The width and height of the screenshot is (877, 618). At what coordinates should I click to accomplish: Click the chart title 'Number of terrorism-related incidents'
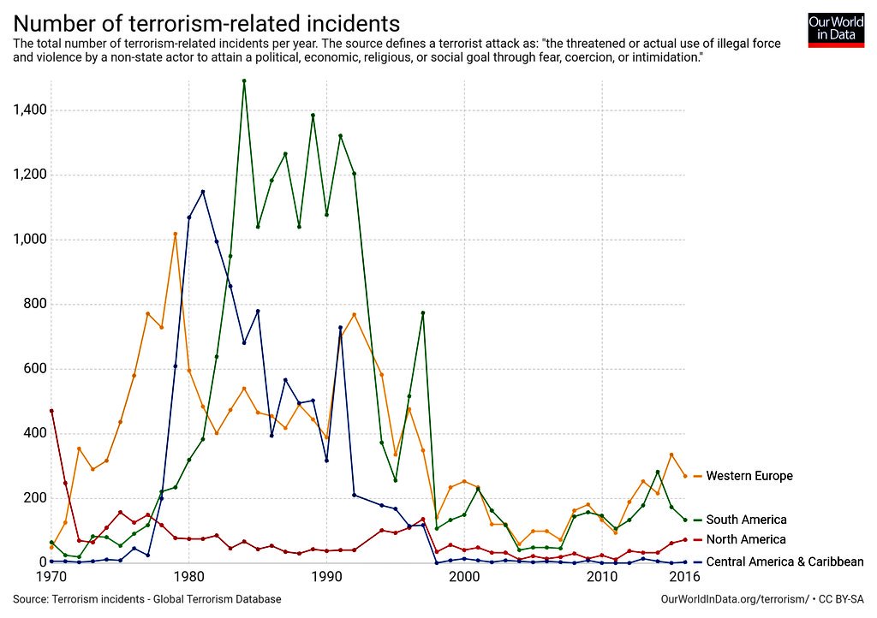(206, 22)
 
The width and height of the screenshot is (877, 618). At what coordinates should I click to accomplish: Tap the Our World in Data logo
(835, 30)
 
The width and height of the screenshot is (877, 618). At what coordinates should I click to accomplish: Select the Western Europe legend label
(749, 476)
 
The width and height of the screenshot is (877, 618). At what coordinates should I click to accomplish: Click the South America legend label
(746, 520)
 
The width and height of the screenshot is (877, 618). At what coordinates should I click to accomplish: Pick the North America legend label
(745, 539)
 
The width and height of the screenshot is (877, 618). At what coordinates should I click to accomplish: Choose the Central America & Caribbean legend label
(785, 562)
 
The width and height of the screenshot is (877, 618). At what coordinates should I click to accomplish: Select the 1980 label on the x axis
(189, 577)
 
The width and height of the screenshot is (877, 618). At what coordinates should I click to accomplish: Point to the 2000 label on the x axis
(464, 577)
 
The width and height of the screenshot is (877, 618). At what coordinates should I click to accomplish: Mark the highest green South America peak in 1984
(244, 81)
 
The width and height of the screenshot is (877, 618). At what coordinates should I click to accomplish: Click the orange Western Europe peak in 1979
(176, 234)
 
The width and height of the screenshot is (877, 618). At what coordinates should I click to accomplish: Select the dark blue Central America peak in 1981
(203, 192)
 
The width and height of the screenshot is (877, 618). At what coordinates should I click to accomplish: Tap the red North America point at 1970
(51, 411)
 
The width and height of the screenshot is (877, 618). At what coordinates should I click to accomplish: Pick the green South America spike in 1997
(423, 313)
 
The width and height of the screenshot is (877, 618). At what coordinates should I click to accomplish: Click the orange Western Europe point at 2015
(671, 455)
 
